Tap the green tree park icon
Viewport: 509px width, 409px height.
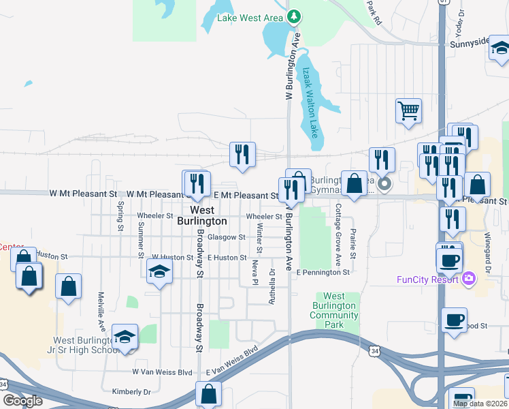point(294,16)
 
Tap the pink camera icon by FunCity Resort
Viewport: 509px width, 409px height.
point(468,279)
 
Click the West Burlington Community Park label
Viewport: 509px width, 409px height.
point(333,310)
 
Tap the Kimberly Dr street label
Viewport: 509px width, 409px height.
point(131,392)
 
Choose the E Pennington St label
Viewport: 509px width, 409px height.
point(323,272)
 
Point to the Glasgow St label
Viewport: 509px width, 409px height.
point(226,237)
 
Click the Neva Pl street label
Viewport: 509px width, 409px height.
point(255,271)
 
